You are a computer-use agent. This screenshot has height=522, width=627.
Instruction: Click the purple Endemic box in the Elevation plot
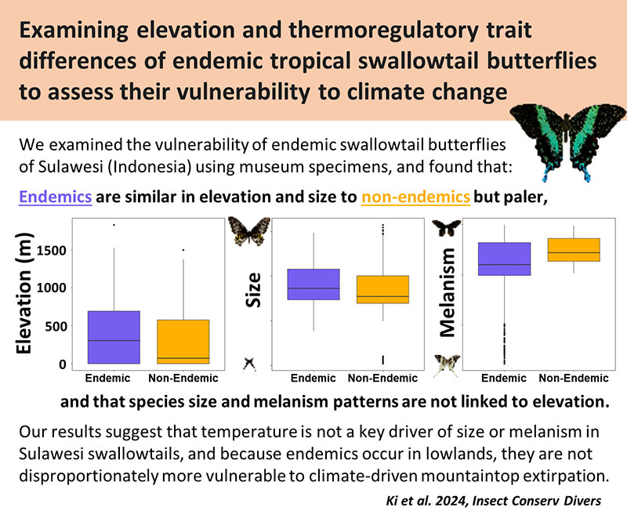114,337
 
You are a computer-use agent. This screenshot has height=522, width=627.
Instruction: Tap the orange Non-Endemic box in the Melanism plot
573,249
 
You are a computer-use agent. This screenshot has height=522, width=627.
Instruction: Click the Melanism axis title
448,292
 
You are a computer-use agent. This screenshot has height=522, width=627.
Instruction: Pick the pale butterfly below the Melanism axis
447,364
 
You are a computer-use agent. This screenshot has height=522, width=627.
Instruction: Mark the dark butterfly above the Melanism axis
447,228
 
